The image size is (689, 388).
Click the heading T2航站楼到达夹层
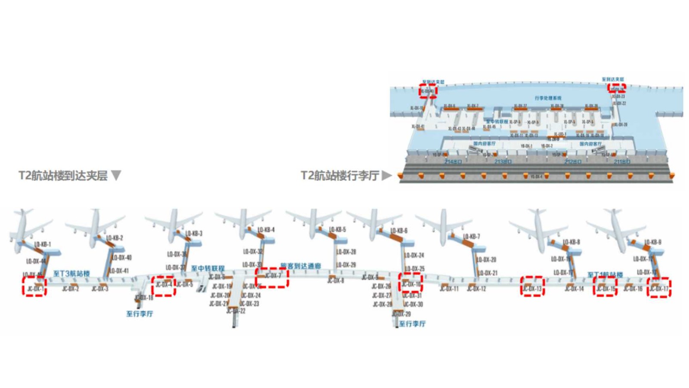click(63, 176)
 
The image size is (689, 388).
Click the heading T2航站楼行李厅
click(340, 175)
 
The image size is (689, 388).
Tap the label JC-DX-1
click(35, 288)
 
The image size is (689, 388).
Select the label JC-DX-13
click(532, 288)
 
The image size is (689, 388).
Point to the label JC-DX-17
click(659, 288)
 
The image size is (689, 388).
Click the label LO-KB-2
click(115, 238)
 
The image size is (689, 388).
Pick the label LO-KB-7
click(472, 236)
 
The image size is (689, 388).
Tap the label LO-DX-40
click(122, 258)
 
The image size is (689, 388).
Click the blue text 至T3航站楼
click(71, 273)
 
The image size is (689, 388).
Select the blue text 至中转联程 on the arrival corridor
click(208, 268)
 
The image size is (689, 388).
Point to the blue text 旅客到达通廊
click(301, 266)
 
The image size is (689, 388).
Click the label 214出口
click(453, 162)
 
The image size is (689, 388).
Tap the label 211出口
click(622, 162)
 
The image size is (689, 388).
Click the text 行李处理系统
click(548, 98)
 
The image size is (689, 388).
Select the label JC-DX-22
click(236, 311)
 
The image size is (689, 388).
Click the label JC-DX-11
click(449, 288)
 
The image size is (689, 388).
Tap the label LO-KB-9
click(653, 242)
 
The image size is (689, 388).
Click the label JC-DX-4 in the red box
click(164, 285)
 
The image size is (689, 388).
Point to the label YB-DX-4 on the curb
click(536, 177)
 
